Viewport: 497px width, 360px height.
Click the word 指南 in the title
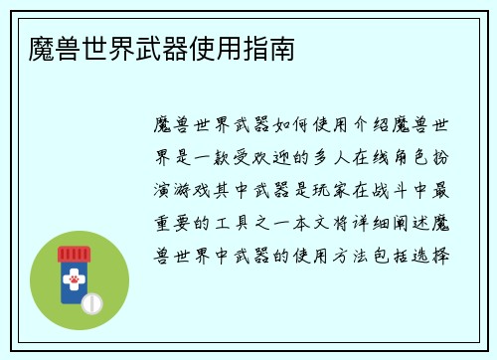(270, 48)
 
